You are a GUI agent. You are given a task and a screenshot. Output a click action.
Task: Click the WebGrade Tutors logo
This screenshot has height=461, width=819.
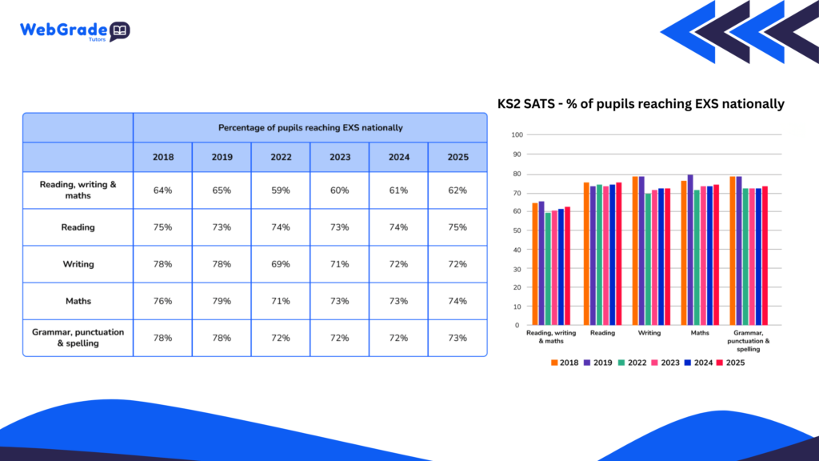(74, 31)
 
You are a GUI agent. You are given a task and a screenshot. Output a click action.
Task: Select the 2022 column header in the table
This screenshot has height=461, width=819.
(281, 157)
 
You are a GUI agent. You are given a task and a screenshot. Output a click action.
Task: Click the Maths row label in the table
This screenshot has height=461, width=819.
(78, 301)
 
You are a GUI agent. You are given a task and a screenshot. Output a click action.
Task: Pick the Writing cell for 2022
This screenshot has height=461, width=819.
(281, 264)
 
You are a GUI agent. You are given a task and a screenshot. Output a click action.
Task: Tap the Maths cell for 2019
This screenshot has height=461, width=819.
(222, 301)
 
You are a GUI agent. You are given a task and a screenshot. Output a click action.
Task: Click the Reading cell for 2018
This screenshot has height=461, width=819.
(162, 227)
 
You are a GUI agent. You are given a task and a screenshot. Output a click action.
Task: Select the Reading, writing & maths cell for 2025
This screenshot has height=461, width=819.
(457, 190)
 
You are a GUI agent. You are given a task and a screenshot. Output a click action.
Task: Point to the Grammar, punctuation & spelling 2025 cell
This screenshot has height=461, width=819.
(457, 338)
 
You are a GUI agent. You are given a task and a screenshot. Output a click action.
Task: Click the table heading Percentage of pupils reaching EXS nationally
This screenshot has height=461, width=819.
(310, 127)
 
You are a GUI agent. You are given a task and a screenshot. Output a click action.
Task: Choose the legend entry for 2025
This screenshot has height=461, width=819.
(734, 363)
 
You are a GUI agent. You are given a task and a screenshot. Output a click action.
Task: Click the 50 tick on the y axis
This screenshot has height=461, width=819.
(517, 230)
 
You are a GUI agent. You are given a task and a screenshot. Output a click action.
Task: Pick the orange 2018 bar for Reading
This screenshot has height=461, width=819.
(586, 254)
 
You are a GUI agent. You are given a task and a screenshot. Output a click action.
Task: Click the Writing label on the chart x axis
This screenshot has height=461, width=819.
(648, 332)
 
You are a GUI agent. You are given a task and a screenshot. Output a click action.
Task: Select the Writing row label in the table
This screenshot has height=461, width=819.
(78, 264)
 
